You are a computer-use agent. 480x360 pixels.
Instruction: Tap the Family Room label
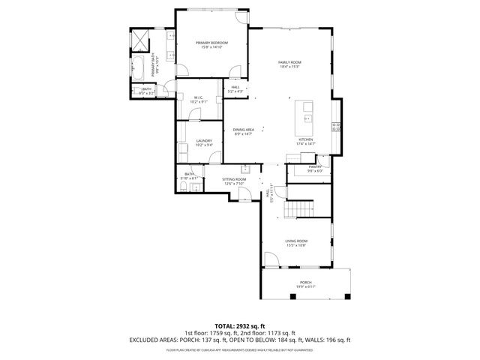[289, 63]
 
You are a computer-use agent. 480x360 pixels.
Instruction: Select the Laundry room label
[204, 142]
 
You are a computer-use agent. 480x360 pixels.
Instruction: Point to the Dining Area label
[242, 130]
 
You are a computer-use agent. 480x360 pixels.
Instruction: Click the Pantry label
[314, 168]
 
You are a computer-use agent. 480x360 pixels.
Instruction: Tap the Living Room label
[295, 242]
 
